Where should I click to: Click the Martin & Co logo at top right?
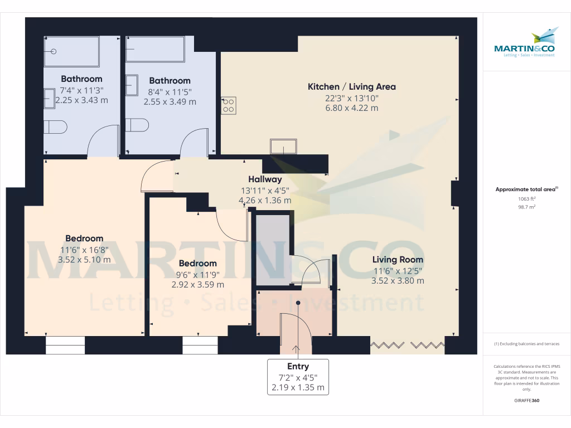coord(525,45)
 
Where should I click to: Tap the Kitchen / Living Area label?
coord(352,86)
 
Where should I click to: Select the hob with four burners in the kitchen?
coord(229,105)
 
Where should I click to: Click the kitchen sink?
coord(284,147)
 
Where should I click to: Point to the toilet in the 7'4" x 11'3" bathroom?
coord(56,127)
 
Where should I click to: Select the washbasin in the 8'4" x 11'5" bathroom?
coord(132,85)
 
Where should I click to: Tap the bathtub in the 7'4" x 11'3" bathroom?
coord(71,52)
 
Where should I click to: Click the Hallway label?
coord(265,179)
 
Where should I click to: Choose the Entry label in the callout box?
coord(298,366)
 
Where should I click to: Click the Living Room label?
coord(398,260)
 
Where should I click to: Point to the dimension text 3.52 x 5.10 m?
coord(84,259)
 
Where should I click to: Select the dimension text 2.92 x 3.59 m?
coord(198,284)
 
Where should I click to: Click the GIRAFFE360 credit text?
coord(526,401)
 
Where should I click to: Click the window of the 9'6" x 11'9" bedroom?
coord(200,346)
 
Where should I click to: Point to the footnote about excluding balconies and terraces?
coord(526,344)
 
